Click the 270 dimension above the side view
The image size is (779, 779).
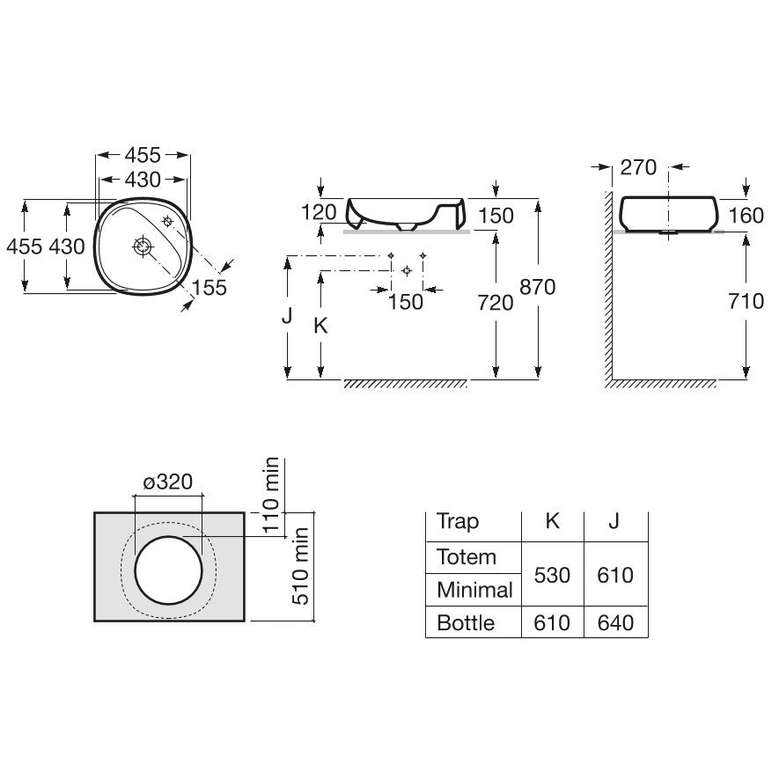(x=638, y=167)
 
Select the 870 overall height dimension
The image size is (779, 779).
(x=538, y=287)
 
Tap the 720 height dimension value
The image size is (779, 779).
(x=496, y=303)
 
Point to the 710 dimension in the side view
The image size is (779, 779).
(x=746, y=301)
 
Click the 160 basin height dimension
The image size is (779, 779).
(x=746, y=216)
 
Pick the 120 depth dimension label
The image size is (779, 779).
(x=319, y=212)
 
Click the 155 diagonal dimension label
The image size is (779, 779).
(x=209, y=287)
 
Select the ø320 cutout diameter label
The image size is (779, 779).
(x=168, y=481)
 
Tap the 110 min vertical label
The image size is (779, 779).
(x=271, y=496)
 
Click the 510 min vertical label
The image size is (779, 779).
(x=300, y=566)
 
